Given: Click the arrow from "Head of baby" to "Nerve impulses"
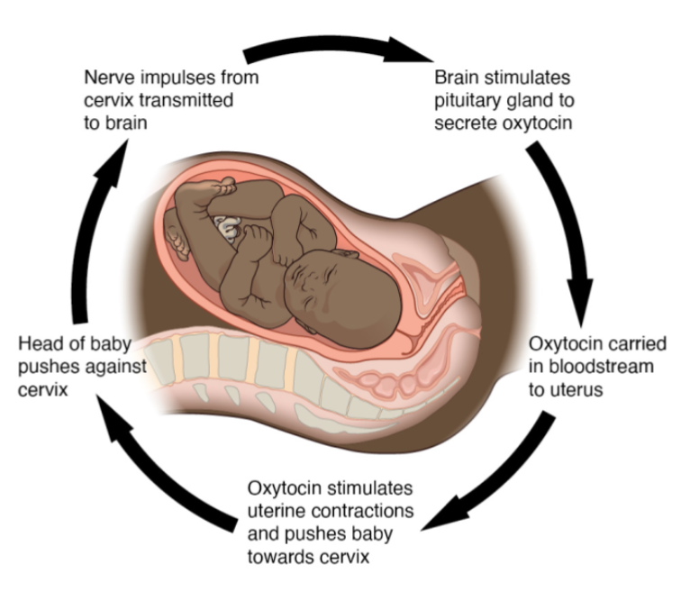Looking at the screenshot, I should click(x=99, y=225).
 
